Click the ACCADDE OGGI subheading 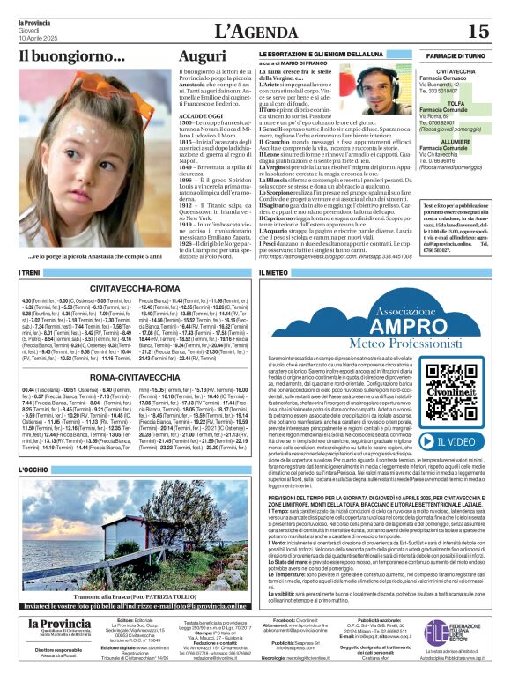(203, 116)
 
